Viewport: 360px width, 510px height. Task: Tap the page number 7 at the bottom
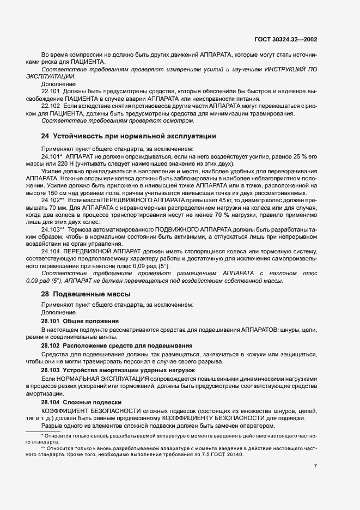pos(316,466)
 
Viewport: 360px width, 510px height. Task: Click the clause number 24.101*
pos(52,156)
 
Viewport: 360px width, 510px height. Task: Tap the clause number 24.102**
pos(53,201)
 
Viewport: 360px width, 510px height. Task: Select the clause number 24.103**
pos(53,228)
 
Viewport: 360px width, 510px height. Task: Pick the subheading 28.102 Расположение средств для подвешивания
pos(117,345)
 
